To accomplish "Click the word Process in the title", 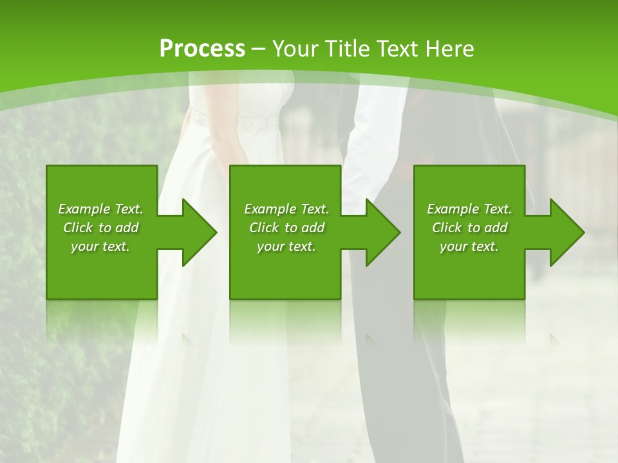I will (x=202, y=49).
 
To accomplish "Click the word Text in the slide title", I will (x=399, y=49).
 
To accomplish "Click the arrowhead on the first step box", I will (x=196, y=232).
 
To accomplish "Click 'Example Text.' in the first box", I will (x=100, y=209).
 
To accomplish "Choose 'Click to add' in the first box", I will (x=100, y=228).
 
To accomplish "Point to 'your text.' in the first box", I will (x=100, y=246).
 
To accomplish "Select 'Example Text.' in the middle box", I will (x=286, y=209).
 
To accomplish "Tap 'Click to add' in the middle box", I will (x=286, y=228).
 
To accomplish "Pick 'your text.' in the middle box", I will (x=286, y=246).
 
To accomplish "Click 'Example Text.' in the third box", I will (x=469, y=209).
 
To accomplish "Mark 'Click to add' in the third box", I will (x=469, y=228).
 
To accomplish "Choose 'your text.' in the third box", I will (x=469, y=246).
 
